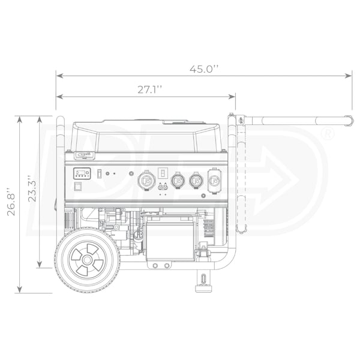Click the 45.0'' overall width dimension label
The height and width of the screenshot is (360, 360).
click(x=204, y=69)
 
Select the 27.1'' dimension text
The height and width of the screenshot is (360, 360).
click(x=150, y=89)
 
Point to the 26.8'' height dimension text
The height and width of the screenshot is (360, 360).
click(x=11, y=202)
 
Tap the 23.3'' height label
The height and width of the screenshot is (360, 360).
click(x=32, y=188)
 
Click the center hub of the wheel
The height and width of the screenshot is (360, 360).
click(x=87, y=260)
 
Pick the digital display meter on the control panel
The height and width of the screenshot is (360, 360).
click(x=82, y=173)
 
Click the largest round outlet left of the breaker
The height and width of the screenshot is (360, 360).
click(x=146, y=181)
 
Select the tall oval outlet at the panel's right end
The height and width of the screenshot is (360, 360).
click(x=214, y=181)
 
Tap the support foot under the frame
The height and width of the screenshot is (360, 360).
click(x=203, y=281)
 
